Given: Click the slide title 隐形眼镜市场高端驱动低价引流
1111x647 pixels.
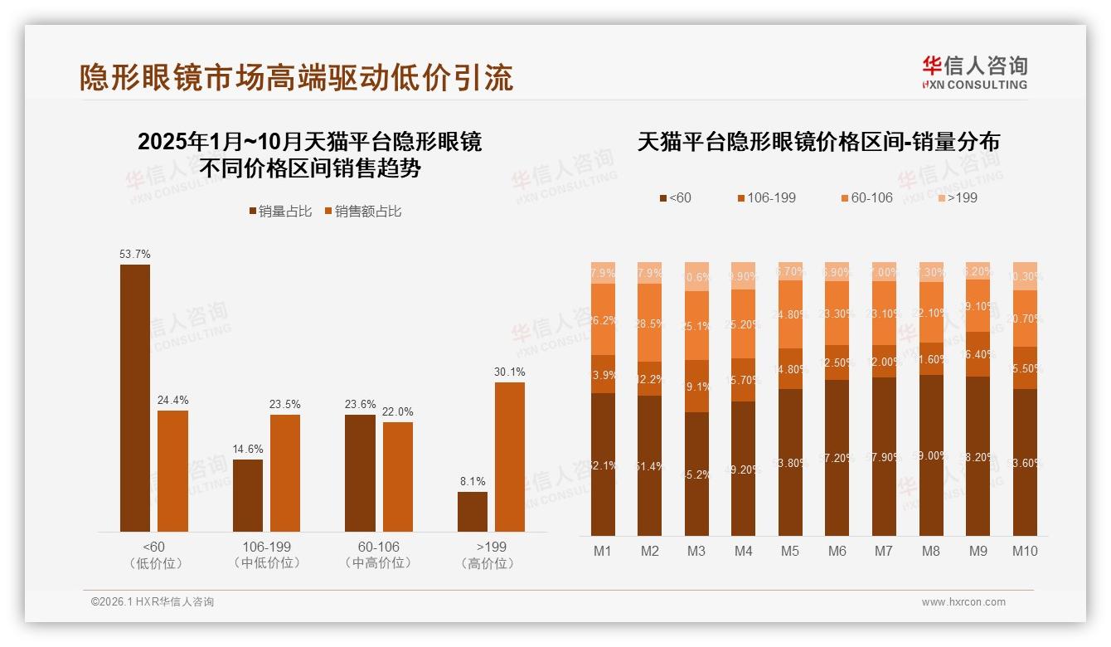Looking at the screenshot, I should [x=296, y=77].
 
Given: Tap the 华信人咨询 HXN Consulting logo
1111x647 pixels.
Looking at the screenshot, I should [x=974, y=72].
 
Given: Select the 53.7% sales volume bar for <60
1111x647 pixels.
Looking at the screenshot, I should [x=135, y=398].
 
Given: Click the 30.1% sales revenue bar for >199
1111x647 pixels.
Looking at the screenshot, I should [x=510, y=457].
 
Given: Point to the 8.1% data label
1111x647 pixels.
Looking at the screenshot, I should [x=473, y=481].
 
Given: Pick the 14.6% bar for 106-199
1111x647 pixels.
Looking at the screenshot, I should [x=248, y=495].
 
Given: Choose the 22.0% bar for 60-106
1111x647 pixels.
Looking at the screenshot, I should [x=398, y=477].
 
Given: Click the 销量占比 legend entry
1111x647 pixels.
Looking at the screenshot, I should [x=280, y=212].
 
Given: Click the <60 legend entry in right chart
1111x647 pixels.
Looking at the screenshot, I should [x=675, y=197].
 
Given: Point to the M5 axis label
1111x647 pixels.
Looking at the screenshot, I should [x=790, y=551].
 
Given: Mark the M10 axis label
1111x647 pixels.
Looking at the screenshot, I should [x=1025, y=551].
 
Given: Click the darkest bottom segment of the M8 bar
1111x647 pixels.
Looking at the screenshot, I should [x=931, y=455].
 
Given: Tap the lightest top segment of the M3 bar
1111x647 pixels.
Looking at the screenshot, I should [x=696, y=276].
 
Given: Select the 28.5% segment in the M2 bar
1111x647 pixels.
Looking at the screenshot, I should [x=649, y=323].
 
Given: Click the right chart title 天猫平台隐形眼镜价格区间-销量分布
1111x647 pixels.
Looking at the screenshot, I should [x=818, y=142].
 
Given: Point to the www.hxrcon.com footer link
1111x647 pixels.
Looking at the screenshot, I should [x=963, y=602].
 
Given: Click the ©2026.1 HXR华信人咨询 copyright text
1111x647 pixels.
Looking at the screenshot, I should [x=153, y=602].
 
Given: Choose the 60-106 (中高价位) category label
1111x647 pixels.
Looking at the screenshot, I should [x=379, y=555].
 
